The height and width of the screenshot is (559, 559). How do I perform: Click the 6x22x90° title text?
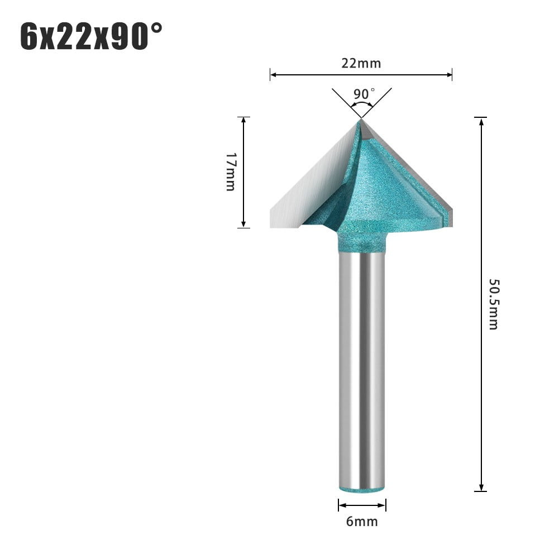pos(92,36)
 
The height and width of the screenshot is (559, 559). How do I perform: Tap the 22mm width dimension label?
pos(361,63)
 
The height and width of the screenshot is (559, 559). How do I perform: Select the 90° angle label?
pos(364,93)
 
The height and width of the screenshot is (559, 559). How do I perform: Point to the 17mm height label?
pos(230,171)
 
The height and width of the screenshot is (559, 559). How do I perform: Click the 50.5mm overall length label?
pos(493,304)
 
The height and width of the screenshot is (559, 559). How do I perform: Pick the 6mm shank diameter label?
pos(362,522)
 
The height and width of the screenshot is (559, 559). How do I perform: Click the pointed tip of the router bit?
pos(361,119)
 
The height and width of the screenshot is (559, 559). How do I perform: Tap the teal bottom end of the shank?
pos(361,488)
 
